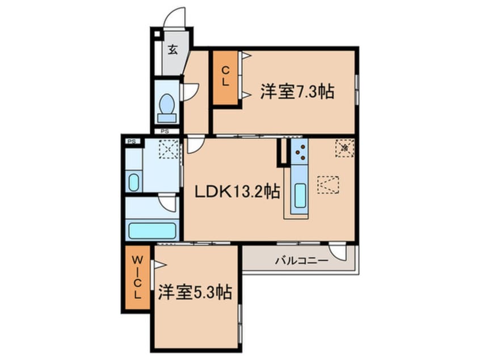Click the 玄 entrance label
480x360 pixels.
point(172,49)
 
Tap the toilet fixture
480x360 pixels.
point(167,107)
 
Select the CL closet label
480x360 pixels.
point(225,76)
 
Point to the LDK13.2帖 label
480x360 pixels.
point(237,192)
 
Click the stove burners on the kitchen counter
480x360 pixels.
point(299,151)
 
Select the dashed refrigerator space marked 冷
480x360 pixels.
point(344,147)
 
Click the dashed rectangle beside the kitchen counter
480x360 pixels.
point(327,185)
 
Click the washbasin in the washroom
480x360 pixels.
point(133,182)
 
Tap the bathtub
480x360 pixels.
point(152,231)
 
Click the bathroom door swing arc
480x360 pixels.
point(167,202)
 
